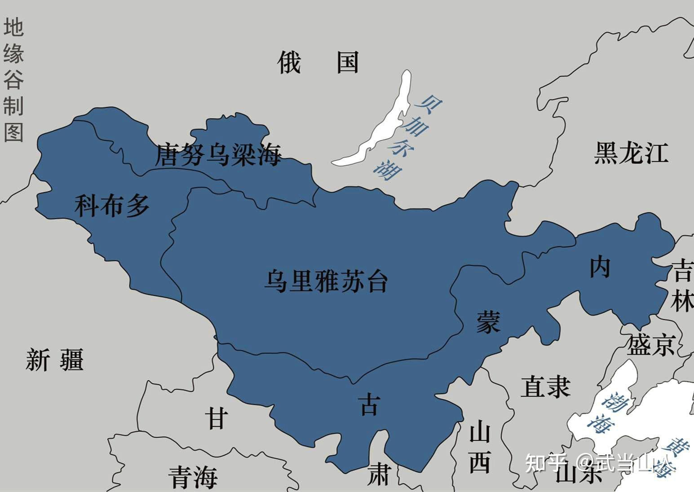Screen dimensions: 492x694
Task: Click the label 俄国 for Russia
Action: tap(318, 62)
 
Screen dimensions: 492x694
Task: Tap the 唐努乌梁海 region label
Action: tap(218, 155)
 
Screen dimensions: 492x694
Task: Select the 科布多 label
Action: tap(112, 206)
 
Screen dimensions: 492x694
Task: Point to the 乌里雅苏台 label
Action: tap(326, 281)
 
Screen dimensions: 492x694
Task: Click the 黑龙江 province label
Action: tap(631, 153)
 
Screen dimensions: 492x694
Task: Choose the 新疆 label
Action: tap(55, 360)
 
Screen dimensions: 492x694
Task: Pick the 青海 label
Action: tap(193, 477)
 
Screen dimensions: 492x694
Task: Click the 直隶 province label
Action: tap(545, 387)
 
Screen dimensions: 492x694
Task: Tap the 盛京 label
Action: tap(651, 345)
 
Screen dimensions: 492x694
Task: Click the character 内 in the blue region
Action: tap(600, 268)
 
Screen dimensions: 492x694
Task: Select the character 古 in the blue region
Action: tap(369, 405)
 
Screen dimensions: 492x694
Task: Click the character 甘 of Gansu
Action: tap(216, 418)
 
